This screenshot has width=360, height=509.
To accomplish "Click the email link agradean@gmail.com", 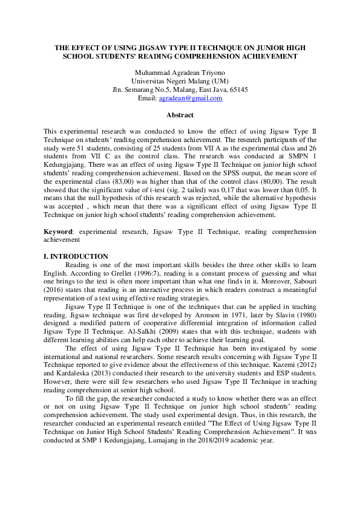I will [189, 98].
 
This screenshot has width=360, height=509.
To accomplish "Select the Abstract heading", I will [180, 115].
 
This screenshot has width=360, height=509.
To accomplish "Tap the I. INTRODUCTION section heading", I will [76, 256].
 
